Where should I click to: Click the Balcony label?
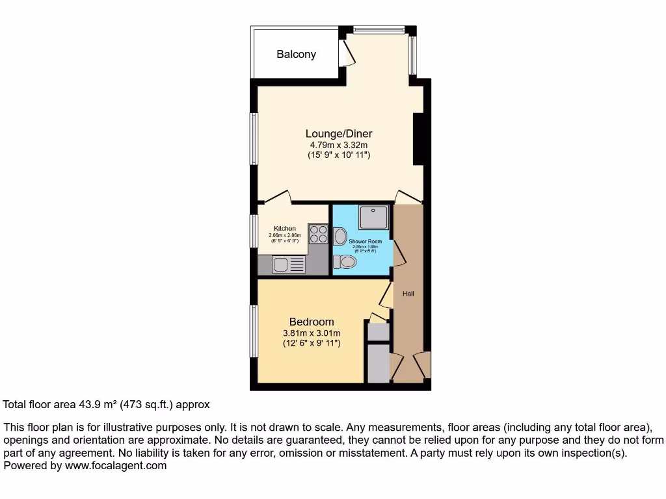click(296, 55)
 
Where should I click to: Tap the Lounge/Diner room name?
click(339, 134)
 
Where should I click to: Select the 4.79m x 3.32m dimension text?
click(339, 145)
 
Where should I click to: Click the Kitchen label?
click(284, 229)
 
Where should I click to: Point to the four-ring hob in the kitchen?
click(318, 234)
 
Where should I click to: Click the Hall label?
click(408, 294)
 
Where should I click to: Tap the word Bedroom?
click(312, 322)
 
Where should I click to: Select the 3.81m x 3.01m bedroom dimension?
click(312, 333)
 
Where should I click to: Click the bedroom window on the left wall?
click(254, 331)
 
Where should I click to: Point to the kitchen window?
click(254, 231)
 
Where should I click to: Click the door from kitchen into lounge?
click(278, 196)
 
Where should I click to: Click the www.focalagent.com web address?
click(116, 465)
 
